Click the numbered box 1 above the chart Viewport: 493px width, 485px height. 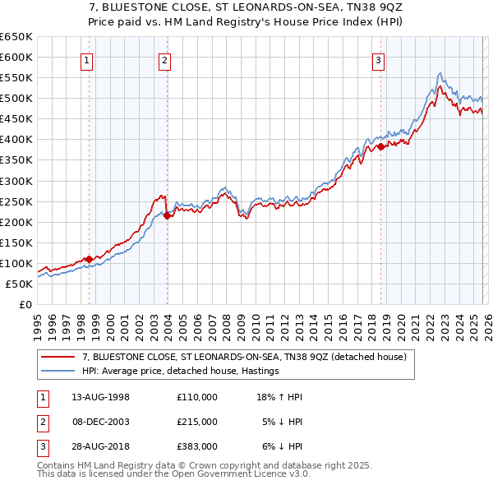(x=87, y=59)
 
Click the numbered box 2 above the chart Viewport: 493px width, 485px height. (x=164, y=59)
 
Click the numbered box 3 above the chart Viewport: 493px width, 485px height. (x=378, y=59)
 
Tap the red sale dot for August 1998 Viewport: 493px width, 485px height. (x=89, y=259)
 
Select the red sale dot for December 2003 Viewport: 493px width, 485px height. (x=167, y=215)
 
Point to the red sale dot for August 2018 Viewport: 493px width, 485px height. (x=380, y=146)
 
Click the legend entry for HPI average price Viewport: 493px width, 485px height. (x=180, y=371)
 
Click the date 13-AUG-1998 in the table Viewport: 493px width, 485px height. (x=100, y=397)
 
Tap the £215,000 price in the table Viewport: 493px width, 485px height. (x=196, y=422)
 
